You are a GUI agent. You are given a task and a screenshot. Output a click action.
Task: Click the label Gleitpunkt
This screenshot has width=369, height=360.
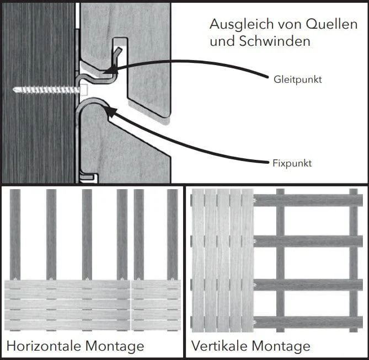tap(297, 79)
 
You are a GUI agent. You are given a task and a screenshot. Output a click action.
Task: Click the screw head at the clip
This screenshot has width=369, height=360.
tap(84, 88)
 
